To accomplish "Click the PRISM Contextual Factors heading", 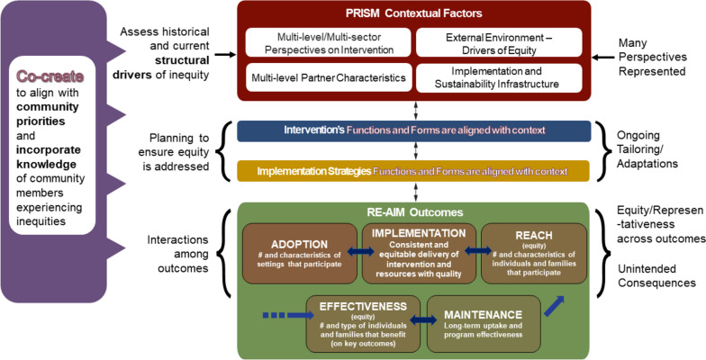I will point(413,14).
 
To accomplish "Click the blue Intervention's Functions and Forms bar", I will point(413,131).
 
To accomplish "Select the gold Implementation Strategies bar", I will point(413,171).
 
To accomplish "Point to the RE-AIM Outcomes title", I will point(413,212).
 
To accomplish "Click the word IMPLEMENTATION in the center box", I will point(413,232).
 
